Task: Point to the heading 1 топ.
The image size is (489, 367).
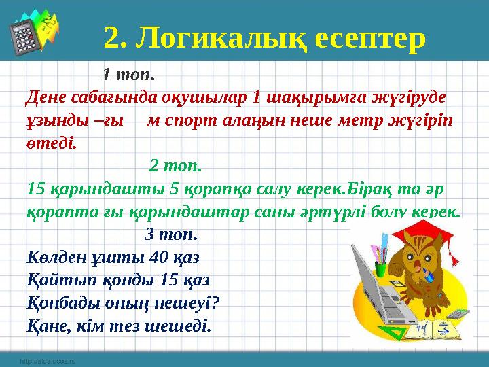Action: tap(129, 72)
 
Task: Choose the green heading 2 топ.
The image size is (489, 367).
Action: tap(175, 164)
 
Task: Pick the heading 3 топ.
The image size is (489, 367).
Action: tap(172, 234)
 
